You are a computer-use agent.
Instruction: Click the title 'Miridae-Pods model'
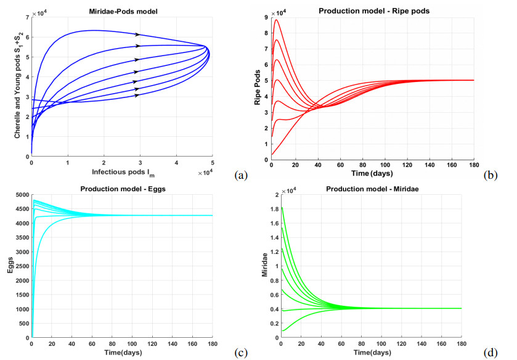tap(123, 12)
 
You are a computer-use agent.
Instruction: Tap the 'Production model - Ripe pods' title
tap(374, 11)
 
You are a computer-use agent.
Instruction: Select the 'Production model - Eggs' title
tap(123, 189)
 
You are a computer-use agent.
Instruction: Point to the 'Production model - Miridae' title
tap(372, 189)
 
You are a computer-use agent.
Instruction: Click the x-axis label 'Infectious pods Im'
tap(123, 172)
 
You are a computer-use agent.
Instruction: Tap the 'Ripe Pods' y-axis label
tap(258, 87)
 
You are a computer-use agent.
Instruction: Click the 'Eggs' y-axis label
tap(10, 265)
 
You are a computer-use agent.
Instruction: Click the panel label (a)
tap(241, 175)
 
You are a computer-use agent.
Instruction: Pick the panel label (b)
tap(491, 175)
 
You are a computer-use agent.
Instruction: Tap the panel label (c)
tap(241, 353)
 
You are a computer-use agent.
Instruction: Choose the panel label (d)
tap(491, 353)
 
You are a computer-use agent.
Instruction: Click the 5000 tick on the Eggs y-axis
tap(22, 195)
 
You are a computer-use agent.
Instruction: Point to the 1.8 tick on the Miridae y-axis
tap(274, 209)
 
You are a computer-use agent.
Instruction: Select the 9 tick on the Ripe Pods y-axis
tap(266, 17)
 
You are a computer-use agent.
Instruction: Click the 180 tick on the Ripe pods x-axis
tap(474, 165)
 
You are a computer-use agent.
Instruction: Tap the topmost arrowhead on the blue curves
tap(138, 35)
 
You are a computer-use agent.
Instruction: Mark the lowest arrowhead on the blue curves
tap(137, 96)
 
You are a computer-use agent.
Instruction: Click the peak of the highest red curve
tap(276, 20)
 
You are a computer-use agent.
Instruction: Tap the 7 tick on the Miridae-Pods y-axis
tap(27, 17)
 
